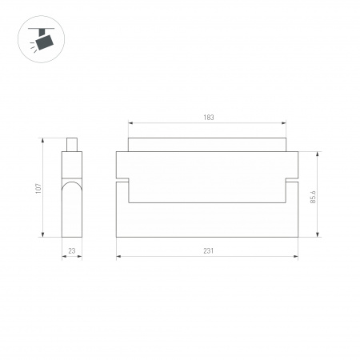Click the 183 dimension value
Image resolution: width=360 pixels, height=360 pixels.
[209, 118]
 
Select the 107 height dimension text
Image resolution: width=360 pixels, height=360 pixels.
[38, 189]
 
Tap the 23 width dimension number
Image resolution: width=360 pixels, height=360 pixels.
[72, 250]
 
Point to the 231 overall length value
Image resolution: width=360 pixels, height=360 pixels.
[208, 250]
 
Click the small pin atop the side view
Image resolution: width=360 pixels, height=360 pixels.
[72, 144]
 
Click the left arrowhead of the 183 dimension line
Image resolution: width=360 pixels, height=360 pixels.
[130, 123]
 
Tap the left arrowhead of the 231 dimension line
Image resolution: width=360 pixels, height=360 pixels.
[119, 256]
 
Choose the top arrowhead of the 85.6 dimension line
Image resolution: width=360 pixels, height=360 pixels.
[319, 154]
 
